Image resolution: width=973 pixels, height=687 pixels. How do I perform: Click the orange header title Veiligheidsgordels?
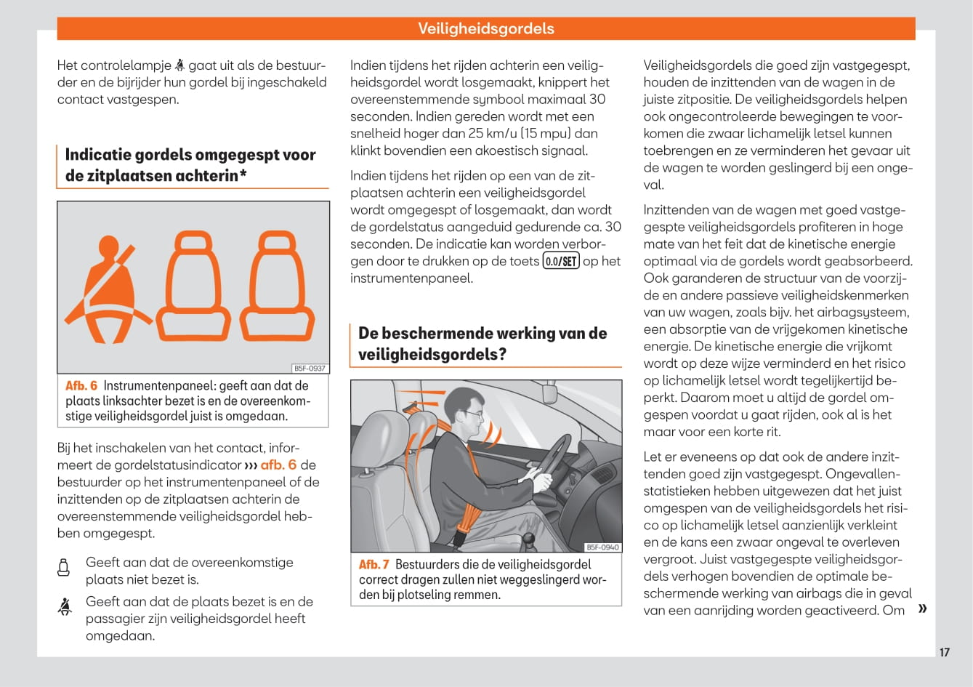coord(485,29)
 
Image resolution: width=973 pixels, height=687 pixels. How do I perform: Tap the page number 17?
coord(944,652)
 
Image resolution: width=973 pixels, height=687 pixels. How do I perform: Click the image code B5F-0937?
coord(310,369)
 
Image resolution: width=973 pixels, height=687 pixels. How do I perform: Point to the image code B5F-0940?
coord(603,547)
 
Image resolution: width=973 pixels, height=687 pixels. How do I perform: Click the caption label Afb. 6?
coord(81,386)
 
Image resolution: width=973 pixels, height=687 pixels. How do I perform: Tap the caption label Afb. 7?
coord(374,565)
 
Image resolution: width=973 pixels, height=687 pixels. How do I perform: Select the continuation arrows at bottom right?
coord(923,608)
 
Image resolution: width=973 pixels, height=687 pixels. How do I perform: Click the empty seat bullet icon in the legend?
coord(64,568)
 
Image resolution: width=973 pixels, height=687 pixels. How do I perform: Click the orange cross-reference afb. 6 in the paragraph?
coord(278,465)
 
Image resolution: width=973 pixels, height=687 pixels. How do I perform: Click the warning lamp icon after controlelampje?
coord(179,65)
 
